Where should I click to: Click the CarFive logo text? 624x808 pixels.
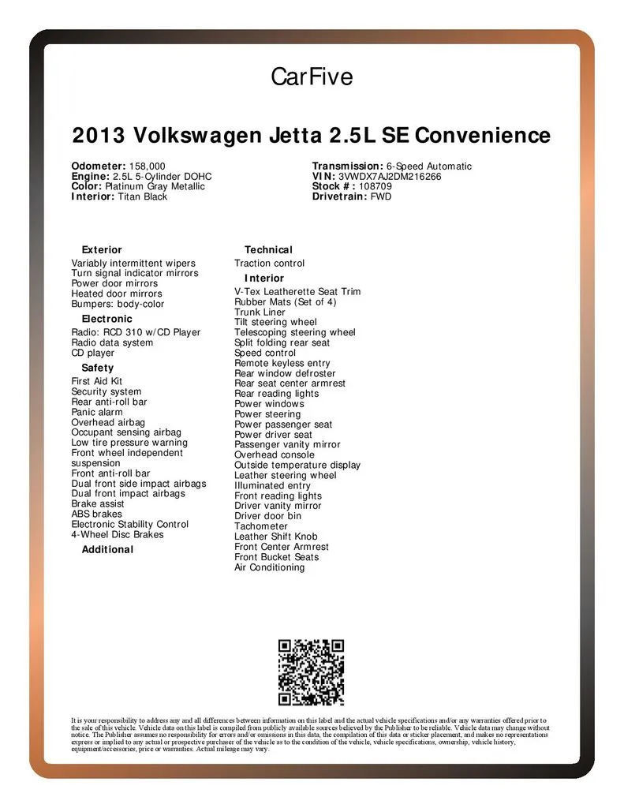[312, 77]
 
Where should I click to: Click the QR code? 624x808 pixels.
[311, 671]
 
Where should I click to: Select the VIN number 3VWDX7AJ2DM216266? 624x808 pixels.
[390, 177]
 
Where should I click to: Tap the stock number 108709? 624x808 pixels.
[375, 187]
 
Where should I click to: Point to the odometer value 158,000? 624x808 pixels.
[147, 166]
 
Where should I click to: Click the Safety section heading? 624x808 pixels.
[98, 368]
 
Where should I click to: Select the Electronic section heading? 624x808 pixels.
[107, 319]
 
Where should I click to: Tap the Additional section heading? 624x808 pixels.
[107, 549]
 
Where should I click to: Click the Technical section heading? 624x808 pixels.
[268, 250]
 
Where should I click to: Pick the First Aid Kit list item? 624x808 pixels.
[97, 381]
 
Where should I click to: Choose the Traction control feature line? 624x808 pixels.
[269, 264]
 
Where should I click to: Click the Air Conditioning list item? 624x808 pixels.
[269, 567]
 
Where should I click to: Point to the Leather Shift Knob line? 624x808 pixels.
[275, 537]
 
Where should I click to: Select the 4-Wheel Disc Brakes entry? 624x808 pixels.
[118, 534]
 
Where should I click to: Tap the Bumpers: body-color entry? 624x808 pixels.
[118, 304]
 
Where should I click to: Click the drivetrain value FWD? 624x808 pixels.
[381, 196]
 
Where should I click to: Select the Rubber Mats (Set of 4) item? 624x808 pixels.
[285, 302]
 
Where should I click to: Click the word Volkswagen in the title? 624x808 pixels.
[196, 135]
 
